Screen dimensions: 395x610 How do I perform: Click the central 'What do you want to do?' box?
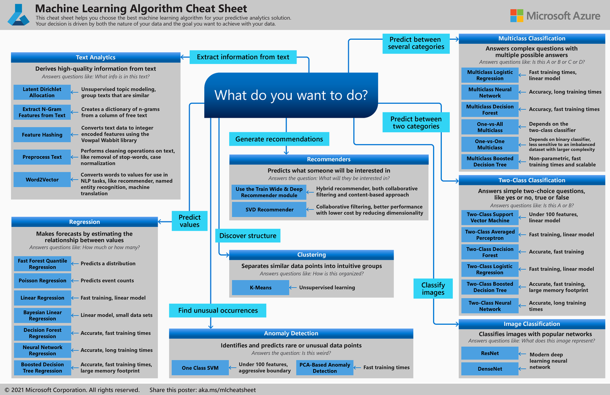click(x=291, y=95)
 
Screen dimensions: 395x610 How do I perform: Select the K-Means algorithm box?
click(x=260, y=288)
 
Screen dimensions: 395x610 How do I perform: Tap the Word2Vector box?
click(x=42, y=180)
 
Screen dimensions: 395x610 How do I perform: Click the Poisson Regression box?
click(x=42, y=280)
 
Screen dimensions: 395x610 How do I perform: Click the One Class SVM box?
click(x=200, y=368)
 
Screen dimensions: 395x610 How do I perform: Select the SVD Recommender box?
click(x=267, y=209)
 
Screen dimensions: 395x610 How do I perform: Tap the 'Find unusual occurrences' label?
click(x=218, y=310)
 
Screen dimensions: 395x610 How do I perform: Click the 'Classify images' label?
click(x=433, y=289)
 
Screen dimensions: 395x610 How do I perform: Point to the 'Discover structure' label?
click(x=248, y=236)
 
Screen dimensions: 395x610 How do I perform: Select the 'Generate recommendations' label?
click(x=279, y=139)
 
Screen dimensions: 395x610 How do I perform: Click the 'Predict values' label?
click(x=189, y=221)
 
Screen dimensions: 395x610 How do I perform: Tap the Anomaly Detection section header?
click(x=291, y=333)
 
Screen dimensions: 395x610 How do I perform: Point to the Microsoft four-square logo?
click(x=516, y=15)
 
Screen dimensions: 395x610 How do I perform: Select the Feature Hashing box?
click(x=42, y=135)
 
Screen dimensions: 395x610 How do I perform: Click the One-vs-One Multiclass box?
click(x=490, y=144)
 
